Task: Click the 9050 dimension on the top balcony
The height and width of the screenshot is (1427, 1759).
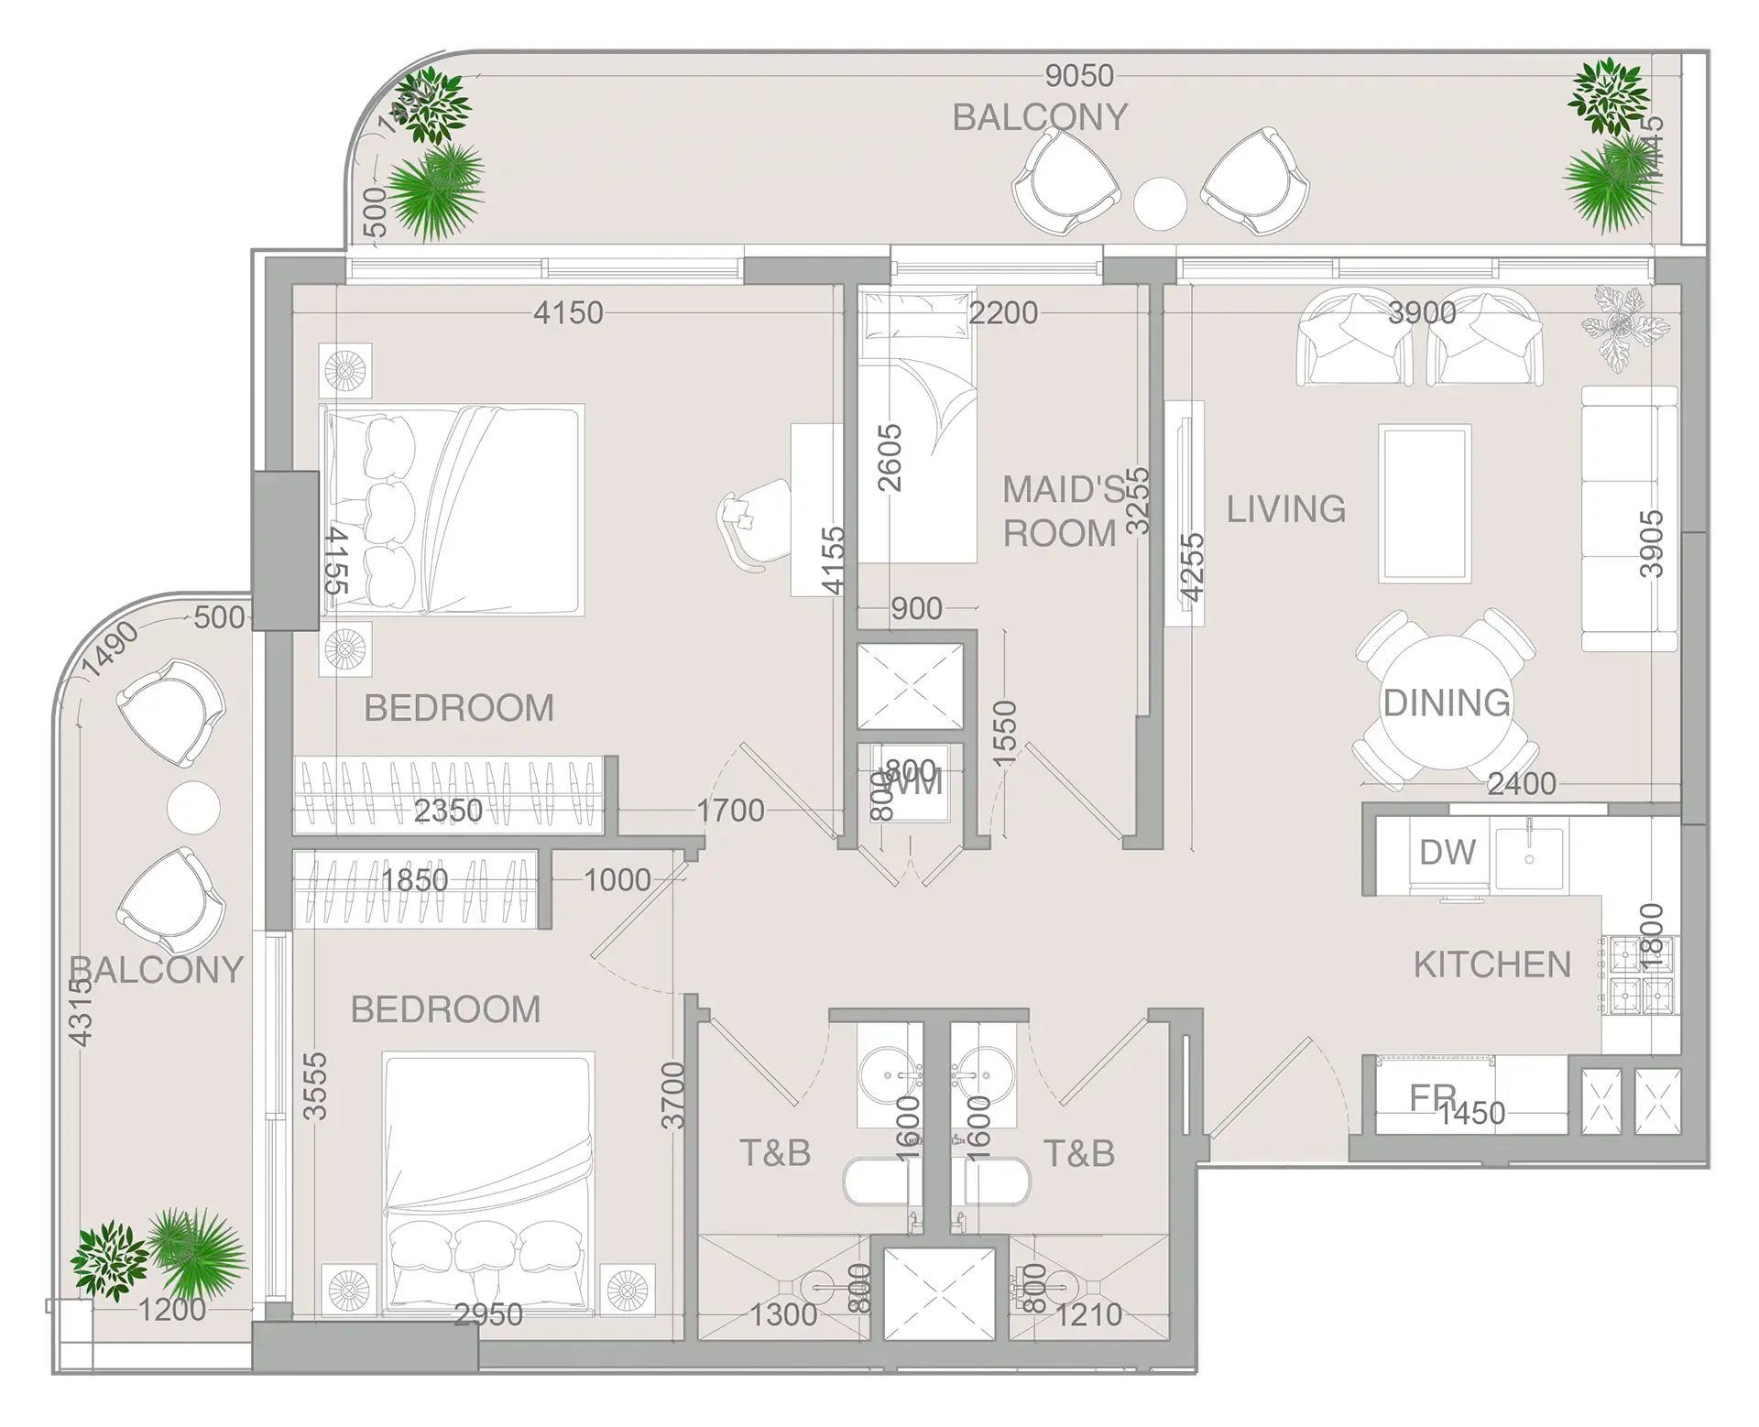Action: point(1079,76)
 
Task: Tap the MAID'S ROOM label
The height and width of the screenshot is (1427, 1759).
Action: point(1061,511)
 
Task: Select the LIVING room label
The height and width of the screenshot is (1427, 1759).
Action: point(1286,509)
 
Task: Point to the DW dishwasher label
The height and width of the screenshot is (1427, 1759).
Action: point(1447,853)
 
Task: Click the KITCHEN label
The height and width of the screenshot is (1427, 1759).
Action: point(1491,964)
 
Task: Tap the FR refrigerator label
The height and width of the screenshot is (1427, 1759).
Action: point(1431,1096)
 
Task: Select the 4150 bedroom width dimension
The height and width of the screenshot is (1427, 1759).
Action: point(568,313)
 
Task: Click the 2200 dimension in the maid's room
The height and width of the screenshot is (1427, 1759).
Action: point(1003,313)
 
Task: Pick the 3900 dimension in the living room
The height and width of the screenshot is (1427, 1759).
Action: point(1421,313)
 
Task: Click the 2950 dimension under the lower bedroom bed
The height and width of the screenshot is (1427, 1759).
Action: point(488,1315)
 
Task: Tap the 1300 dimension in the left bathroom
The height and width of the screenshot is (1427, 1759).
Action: point(783,1315)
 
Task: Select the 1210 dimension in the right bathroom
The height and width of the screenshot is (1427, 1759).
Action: point(1087,1315)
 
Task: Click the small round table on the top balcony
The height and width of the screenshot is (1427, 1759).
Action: point(1160,203)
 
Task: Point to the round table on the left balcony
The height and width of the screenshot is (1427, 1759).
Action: point(193,807)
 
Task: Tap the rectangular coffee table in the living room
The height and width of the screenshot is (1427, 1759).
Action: point(1425,504)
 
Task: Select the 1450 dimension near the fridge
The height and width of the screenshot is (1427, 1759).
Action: point(1470,1114)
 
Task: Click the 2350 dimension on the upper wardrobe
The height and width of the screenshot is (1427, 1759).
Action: point(448,811)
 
